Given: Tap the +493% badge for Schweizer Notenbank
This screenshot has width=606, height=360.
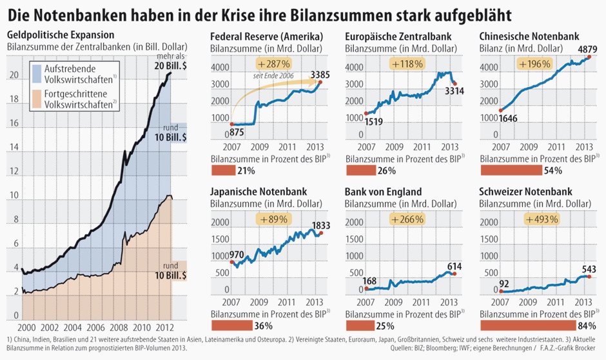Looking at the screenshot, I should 542,219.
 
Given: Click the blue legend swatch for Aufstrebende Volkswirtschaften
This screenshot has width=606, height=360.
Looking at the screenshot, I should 36,74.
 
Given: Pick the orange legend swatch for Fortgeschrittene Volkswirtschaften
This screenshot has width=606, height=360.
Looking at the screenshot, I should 36,101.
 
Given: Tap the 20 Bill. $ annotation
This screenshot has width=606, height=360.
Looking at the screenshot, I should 171,66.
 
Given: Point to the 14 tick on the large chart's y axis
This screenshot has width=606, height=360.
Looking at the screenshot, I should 15,148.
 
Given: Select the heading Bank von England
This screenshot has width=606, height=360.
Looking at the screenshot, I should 383,192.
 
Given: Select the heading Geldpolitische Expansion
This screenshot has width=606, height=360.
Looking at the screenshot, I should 61,34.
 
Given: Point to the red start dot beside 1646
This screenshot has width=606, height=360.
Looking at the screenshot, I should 500,110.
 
